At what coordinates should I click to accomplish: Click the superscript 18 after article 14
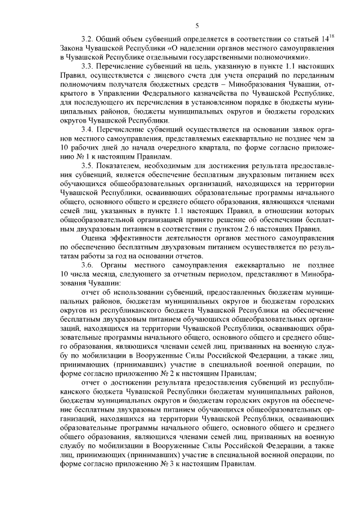click(x=332, y=37)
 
